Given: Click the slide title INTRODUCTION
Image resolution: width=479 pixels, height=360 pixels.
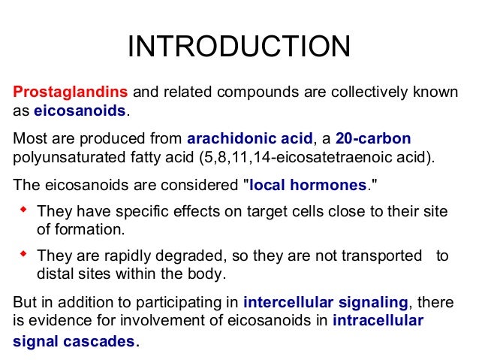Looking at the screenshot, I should click(x=239, y=47).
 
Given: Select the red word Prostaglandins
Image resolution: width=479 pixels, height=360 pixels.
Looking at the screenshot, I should click(x=71, y=92).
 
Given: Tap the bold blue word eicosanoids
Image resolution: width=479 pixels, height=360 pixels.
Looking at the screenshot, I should click(x=81, y=112).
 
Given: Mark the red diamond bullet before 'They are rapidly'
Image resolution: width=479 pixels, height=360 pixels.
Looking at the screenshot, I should click(x=22, y=254).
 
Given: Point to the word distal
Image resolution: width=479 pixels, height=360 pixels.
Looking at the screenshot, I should click(x=56, y=274).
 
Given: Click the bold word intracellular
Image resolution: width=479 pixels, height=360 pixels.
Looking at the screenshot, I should click(x=378, y=322).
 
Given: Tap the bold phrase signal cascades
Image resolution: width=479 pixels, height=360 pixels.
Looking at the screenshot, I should click(x=74, y=342).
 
